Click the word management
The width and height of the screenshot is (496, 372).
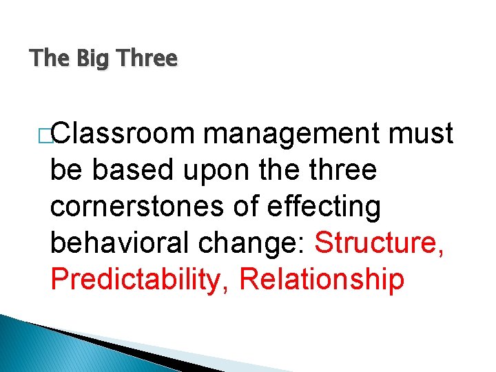tap(293, 134)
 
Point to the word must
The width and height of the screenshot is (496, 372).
tap(421, 134)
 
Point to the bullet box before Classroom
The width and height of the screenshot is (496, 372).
tap(46, 134)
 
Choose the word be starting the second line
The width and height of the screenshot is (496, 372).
tap(65, 170)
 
